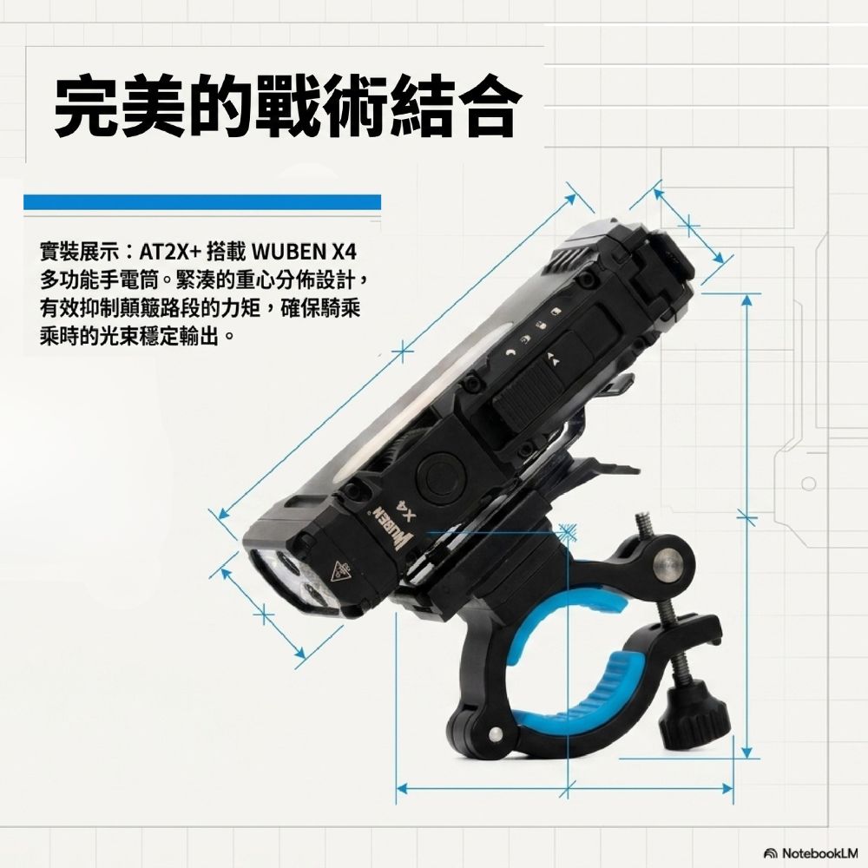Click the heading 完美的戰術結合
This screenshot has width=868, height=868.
pos(288,107)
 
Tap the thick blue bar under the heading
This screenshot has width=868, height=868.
pos(202,201)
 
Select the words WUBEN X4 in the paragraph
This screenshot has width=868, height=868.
pos(304,253)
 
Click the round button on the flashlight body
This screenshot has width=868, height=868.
pos(441,476)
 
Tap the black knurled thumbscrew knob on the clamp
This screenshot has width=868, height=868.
pos(694,714)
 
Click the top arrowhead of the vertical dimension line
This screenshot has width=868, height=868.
pos(746,299)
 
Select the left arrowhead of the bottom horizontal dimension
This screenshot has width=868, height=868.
pos(403,788)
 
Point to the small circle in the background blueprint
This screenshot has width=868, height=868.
pos(808,483)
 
